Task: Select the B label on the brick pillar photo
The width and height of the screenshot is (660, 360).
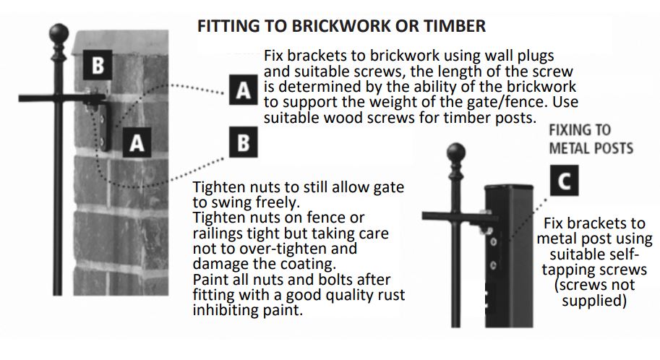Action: pos(98,65)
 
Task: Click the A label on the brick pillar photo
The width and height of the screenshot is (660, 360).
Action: pos(137,142)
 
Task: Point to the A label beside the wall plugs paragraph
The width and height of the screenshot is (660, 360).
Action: pos(244,90)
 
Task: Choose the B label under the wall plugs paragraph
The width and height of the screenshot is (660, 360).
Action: pos(244,142)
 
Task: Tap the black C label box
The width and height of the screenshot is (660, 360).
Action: pos(564,181)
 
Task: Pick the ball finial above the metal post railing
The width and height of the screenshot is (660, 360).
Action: pos(456,153)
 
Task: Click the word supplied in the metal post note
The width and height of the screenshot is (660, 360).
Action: pos(594,301)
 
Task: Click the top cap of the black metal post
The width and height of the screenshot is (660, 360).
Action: pos(509,187)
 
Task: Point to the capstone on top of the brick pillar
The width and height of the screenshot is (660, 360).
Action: pos(121,43)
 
